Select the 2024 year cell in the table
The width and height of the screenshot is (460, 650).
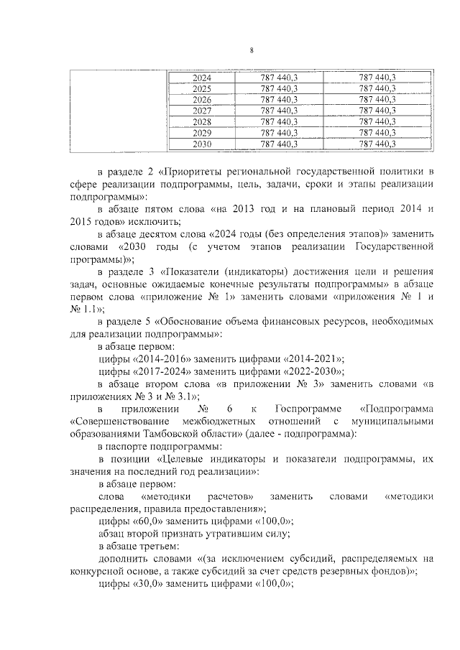click(x=202, y=77)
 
